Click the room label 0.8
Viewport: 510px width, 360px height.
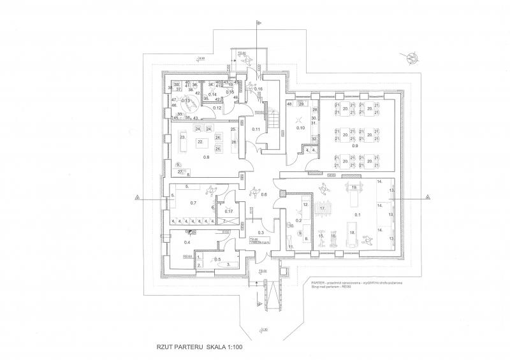206,157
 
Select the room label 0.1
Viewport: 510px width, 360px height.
358,215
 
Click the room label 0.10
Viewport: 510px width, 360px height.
302,128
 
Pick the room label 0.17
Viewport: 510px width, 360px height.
229,212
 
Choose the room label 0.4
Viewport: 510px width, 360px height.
187,243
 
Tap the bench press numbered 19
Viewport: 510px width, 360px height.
353,187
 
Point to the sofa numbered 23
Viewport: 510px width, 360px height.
182,140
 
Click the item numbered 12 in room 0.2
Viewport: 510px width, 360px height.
305,206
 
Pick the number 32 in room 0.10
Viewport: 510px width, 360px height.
314,138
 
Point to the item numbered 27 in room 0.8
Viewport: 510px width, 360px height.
180,171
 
